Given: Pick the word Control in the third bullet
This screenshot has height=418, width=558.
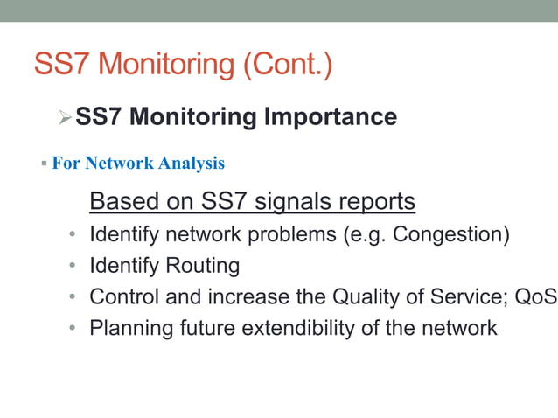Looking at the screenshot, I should (x=124, y=296).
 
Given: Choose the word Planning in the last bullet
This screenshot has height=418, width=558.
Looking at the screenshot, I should (x=129, y=328).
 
